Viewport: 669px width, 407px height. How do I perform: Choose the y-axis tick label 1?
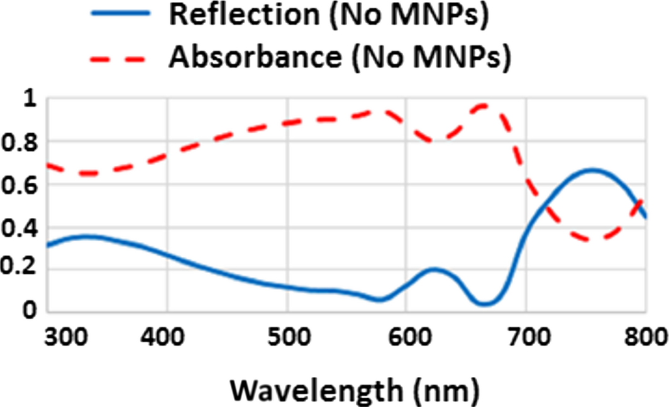(x=30, y=100)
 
